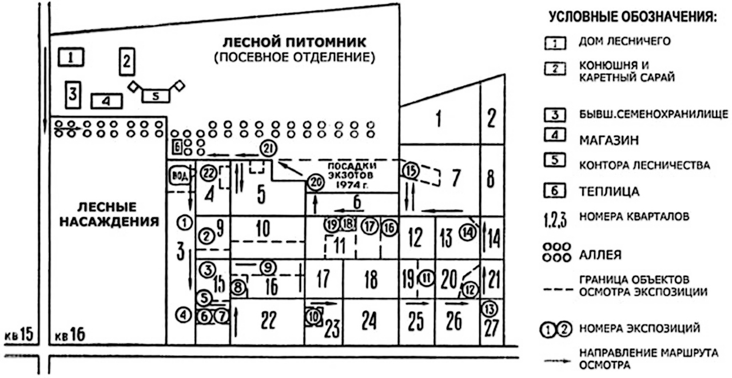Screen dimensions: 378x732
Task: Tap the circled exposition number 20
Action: [315, 182]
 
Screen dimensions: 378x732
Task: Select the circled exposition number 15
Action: [410, 170]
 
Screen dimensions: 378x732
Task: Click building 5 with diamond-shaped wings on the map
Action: [156, 95]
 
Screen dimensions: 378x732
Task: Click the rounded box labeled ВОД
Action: [178, 176]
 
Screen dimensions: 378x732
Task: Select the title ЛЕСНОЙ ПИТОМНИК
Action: [293, 42]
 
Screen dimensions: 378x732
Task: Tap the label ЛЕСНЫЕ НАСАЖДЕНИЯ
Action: [109, 214]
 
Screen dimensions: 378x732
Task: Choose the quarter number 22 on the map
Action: [268, 321]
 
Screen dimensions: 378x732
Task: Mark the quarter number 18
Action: [371, 280]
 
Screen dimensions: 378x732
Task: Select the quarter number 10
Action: [262, 228]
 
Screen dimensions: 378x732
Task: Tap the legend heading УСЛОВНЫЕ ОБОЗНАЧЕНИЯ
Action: [632, 17]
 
